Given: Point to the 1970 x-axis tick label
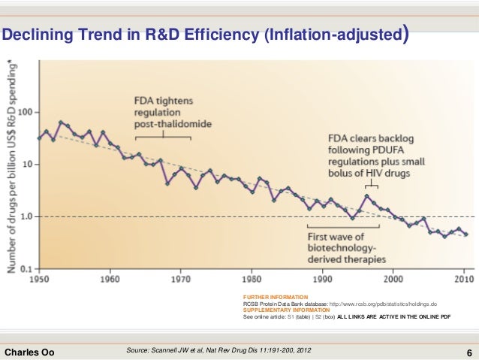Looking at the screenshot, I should pyautogui.click(x=181, y=276).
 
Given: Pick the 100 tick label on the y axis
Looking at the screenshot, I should pyautogui.click(x=27, y=113).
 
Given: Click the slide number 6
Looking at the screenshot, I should pyautogui.click(x=468, y=351).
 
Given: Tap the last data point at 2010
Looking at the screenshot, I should pyautogui.click(x=465, y=234).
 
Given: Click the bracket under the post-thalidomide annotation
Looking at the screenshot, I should pyautogui.click(x=163, y=138).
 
